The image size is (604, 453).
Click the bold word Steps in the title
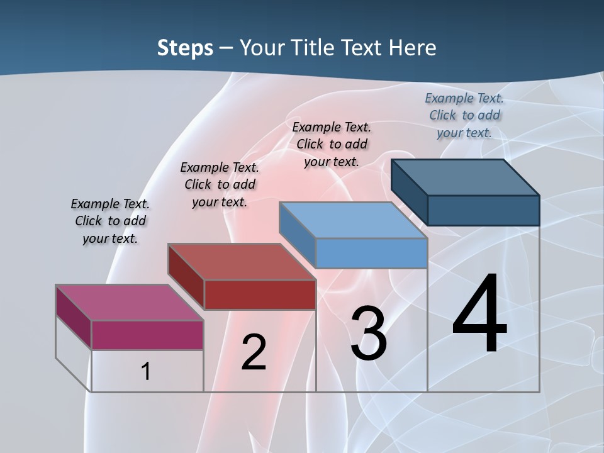pyautogui.click(x=185, y=48)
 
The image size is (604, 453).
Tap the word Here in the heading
pyautogui.click(x=413, y=48)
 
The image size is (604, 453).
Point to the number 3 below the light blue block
pyautogui.click(x=369, y=333)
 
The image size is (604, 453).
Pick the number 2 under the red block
pyautogui.click(x=254, y=352)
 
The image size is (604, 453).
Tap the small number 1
pyautogui.click(x=145, y=371)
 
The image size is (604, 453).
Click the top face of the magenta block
pyautogui.click(x=130, y=303)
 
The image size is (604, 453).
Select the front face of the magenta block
pyautogui.click(x=147, y=335)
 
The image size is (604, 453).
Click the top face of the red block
pyautogui.click(x=242, y=262)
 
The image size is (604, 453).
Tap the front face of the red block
pyautogui.click(x=260, y=294)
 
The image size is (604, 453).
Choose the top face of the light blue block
pyautogui.click(x=353, y=221)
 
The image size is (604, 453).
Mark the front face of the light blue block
pyautogui.click(x=371, y=253)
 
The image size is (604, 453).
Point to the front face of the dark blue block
pyautogui.click(x=483, y=210)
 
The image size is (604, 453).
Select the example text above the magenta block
pyautogui.click(x=110, y=221)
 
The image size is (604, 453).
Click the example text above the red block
pyautogui.click(x=220, y=184)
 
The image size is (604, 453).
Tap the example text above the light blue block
pyautogui.click(x=332, y=144)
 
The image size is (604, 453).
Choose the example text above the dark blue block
pyautogui.click(x=464, y=115)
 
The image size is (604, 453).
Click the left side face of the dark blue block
pyautogui.click(x=410, y=191)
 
